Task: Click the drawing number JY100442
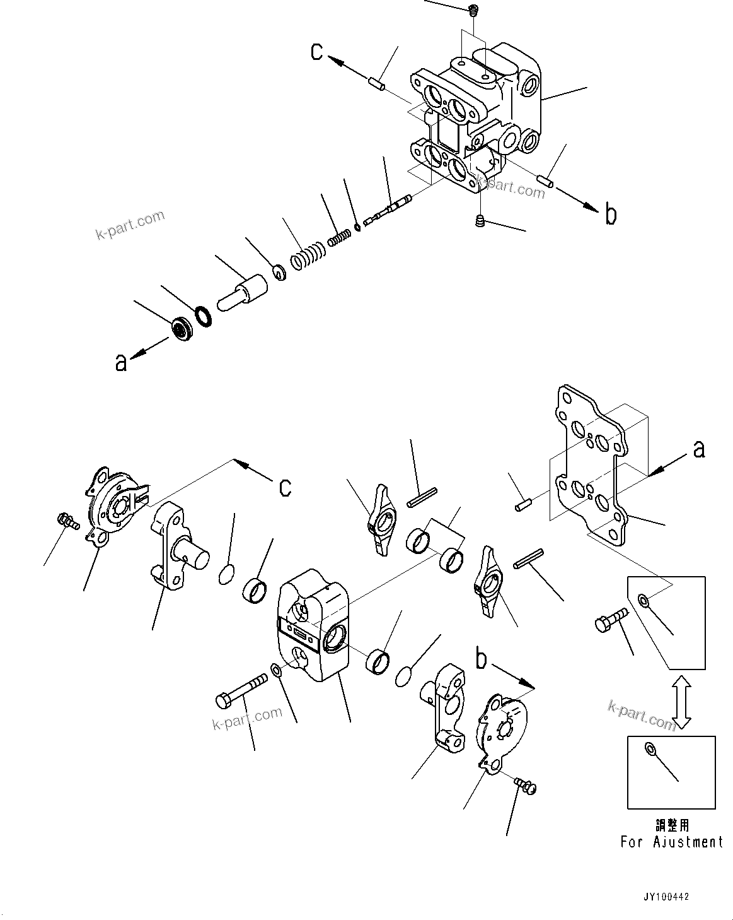coord(666,896)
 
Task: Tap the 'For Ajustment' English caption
coord(671,842)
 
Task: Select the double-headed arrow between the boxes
coord(680,702)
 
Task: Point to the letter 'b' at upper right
coord(610,215)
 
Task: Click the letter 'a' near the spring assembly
coord(120,362)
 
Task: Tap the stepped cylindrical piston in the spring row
coord(244,294)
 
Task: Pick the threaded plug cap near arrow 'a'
coord(182,327)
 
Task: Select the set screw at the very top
coord(473,9)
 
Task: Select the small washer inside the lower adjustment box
coord(649,749)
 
